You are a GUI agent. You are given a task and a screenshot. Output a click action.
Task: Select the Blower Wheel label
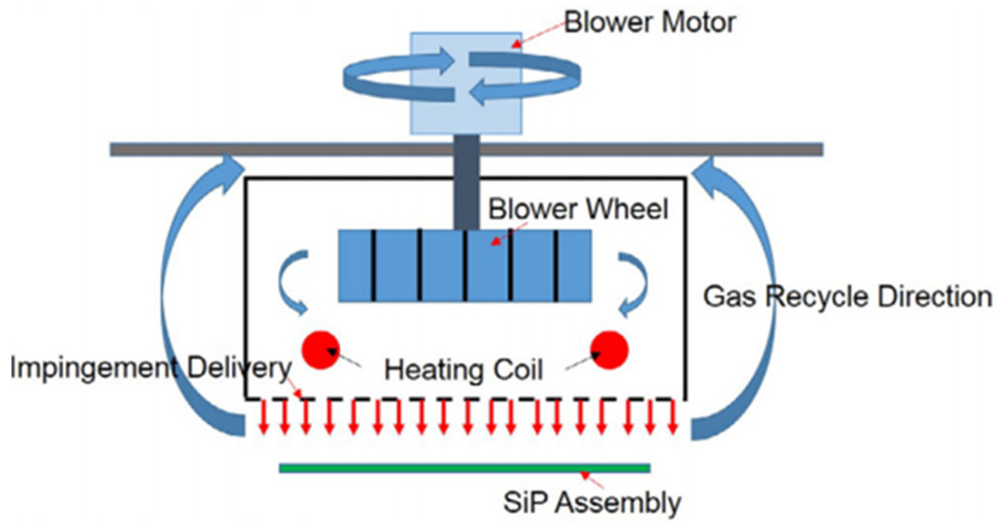[578, 209]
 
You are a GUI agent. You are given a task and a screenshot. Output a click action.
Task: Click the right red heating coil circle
[609, 350]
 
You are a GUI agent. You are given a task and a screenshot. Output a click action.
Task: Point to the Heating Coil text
[463, 370]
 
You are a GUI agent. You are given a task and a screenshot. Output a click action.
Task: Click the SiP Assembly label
[592, 502]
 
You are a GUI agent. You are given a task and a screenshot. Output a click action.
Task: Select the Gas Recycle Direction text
[847, 297]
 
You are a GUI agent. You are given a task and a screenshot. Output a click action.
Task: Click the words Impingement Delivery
[151, 368]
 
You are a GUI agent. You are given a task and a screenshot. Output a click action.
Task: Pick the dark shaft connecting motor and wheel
[466, 186]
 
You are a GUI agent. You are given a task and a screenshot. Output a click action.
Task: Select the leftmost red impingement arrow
[263, 418]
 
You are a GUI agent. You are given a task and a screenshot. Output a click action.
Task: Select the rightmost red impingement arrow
[673, 418]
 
